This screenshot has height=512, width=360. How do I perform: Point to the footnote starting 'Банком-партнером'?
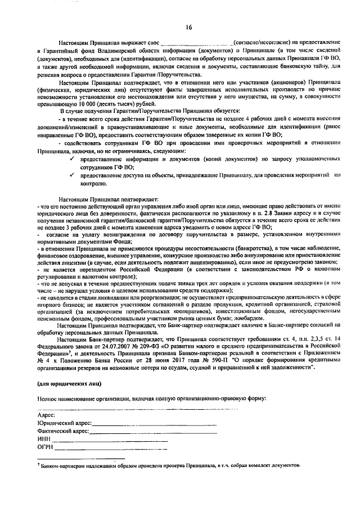coord(169,466)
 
